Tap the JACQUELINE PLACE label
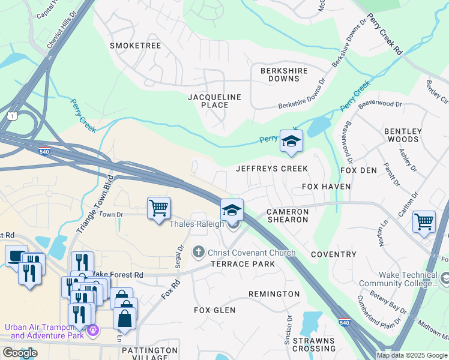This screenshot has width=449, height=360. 214,101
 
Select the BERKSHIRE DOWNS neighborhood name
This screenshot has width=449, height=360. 284,74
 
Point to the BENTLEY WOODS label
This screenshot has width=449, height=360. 403,136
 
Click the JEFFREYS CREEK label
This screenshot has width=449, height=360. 272,169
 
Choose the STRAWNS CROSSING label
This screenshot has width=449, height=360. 314,344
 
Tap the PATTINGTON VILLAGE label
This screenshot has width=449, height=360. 149,353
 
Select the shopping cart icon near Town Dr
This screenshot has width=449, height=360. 158,208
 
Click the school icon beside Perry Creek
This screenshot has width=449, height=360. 292,141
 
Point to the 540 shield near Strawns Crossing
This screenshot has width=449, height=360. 344,322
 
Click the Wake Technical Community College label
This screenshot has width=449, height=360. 398,279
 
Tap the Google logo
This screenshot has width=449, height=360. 20,352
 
